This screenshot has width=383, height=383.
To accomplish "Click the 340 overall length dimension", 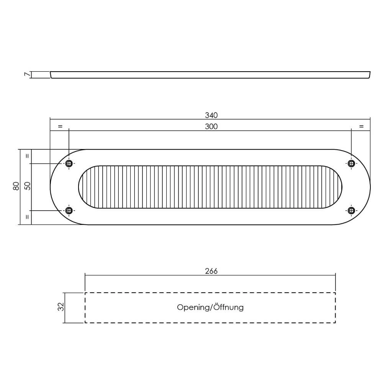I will coord(211,115).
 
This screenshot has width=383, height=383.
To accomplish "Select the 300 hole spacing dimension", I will coord(211,126).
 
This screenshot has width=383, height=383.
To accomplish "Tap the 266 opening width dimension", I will coord(211,271).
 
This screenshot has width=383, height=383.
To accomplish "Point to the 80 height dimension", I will coord(16,187).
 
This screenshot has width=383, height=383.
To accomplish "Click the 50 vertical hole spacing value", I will coord(27,187).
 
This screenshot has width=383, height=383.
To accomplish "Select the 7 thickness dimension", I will coord(27,75).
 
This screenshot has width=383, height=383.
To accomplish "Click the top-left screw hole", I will coord(69,164).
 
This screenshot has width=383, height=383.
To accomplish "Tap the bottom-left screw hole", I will coord(69,210).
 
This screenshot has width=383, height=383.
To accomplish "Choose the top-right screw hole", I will coord(351,164).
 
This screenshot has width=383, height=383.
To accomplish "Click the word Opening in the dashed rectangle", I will coord(193,308).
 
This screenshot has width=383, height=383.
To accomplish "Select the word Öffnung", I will coord(228,307).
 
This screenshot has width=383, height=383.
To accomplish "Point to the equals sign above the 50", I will coord(27,156).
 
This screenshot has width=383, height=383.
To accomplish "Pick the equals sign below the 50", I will coord(27,217).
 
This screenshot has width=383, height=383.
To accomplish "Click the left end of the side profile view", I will coord(51,75).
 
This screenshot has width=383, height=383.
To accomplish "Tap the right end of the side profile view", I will coord(369,75).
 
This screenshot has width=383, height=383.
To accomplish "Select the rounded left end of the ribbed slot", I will coord(84,187).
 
